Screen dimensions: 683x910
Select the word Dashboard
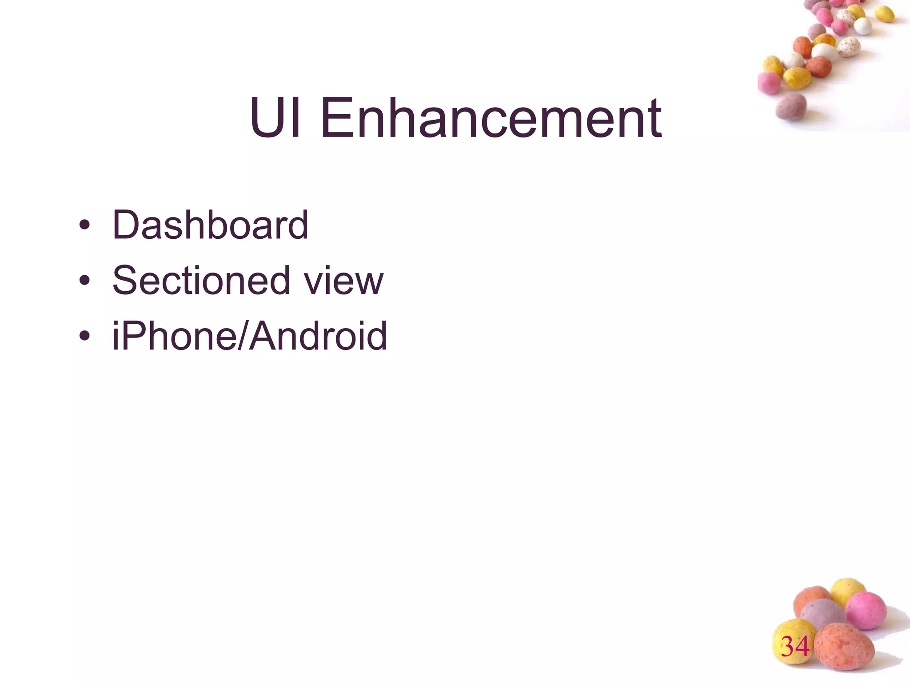210,225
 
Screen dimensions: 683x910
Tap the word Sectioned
201,280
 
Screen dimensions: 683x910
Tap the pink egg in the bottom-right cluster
866,610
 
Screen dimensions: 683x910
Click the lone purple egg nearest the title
791,107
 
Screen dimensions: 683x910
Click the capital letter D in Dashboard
126,225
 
